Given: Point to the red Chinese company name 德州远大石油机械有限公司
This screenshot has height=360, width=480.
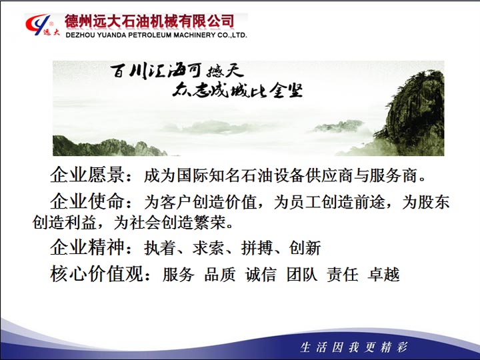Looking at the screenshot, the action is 149,21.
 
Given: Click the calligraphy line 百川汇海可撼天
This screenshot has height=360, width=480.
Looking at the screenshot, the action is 177,71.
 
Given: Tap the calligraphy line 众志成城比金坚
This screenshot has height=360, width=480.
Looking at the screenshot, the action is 237,90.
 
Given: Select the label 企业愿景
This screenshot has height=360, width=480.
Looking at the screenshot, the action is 87,175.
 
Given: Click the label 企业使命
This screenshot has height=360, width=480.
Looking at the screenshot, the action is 87,201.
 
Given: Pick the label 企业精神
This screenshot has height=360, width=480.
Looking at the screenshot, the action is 87,247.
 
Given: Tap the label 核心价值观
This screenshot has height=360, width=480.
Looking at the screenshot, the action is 97,274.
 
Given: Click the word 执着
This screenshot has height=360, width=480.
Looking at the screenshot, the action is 160,247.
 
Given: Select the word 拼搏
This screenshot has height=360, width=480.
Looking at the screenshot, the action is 257,247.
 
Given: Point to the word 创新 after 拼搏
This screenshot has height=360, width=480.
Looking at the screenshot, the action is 305,247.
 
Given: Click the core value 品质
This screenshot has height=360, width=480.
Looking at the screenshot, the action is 220,274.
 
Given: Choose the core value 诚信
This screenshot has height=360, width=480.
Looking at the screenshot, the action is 261,274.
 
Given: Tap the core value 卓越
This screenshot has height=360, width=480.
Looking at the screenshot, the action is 383,274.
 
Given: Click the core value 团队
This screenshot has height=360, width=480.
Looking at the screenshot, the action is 302,274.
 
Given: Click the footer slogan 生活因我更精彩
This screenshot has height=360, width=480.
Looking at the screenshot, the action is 354,347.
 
